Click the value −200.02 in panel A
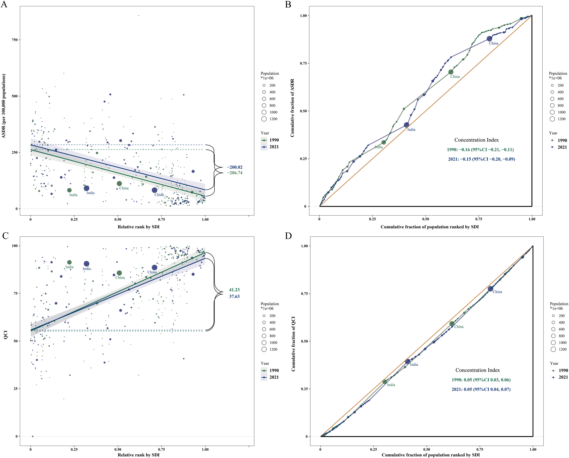coord(234,167)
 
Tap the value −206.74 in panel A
coord(234,173)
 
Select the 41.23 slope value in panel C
coord(234,290)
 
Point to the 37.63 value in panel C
coord(234,296)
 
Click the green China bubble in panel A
coord(119,184)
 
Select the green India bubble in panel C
coord(69,262)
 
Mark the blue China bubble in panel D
coord(490,289)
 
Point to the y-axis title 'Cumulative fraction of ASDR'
coord(292,108)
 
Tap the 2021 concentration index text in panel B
coord(481,159)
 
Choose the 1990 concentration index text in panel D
coord(481,380)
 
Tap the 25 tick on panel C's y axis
coord(16,389)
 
